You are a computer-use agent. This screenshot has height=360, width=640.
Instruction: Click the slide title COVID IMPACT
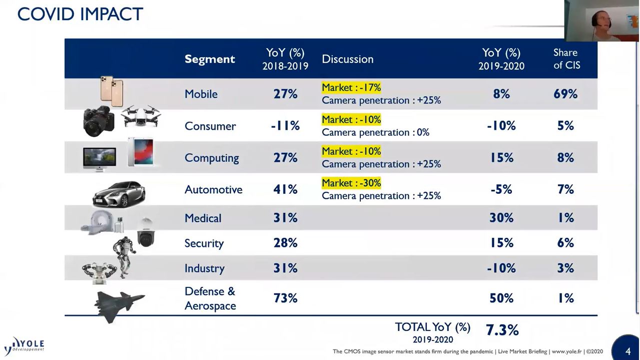pos(80,14)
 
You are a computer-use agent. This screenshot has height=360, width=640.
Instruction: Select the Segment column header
pos(210,59)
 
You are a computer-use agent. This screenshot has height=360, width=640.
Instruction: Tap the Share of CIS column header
pos(566,59)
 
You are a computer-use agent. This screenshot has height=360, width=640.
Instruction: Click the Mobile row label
pos(201,94)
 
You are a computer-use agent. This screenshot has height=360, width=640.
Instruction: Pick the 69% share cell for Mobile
pos(565,94)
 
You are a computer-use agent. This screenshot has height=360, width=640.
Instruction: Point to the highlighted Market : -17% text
pos(351,88)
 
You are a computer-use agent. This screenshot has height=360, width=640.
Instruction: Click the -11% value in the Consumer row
pos(285,126)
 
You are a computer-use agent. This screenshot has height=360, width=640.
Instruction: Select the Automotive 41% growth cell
pos(285,189)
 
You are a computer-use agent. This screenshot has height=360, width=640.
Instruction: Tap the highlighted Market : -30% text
pos(351,183)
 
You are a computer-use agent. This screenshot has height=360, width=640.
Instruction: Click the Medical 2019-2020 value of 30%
pos(501,218)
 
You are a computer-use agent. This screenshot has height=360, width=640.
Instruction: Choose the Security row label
pos(204,243)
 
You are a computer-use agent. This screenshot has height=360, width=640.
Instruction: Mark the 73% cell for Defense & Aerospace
pos(285,298)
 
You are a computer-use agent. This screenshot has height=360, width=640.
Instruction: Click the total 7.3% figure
pos(502,330)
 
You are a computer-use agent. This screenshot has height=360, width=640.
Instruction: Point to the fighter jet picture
pos(119,303)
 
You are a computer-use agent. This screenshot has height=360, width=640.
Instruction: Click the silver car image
pos(119,193)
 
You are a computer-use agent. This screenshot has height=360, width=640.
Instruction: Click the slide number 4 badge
pos(627,350)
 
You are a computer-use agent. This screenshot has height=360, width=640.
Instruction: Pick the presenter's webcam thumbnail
pos(601,21)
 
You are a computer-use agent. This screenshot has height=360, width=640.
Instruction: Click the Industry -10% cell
pos(501,268)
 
